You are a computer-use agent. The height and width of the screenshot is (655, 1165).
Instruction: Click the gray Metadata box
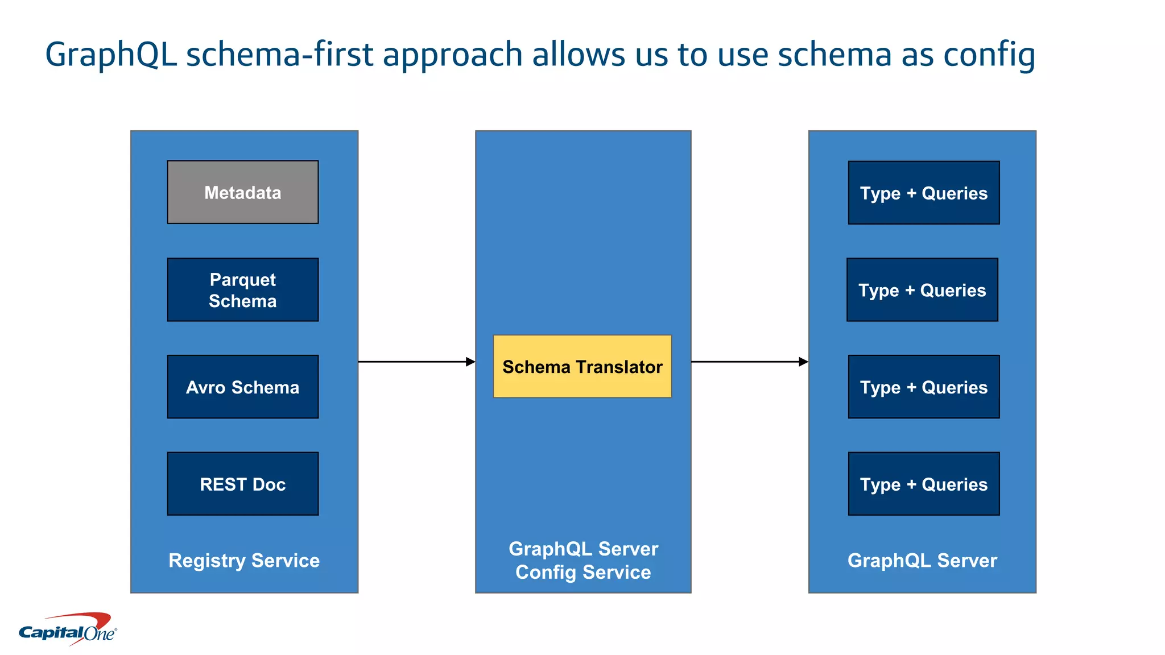(x=242, y=192)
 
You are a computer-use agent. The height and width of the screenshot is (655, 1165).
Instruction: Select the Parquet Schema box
(x=242, y=290)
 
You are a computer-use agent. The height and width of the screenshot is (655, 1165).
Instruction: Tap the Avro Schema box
(x=242, y=387)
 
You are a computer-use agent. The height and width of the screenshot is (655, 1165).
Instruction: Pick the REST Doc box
(x=242, y=484)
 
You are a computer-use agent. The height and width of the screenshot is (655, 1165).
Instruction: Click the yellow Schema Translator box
(x=582, y=367)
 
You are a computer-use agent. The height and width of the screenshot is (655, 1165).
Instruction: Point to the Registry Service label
(x=244, y=561)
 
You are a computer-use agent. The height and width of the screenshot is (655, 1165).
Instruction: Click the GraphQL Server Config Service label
(x=583, y=561)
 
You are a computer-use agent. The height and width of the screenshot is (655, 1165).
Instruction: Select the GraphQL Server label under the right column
(x=922, y=561)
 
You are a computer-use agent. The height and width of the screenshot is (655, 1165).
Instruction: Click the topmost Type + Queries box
(x=923, y=193)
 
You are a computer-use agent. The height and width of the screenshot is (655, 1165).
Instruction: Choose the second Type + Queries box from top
(x=922, y=290)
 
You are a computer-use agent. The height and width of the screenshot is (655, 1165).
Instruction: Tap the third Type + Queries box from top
(x=923, y=387)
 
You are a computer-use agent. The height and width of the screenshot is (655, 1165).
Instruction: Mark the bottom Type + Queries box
(x=923, y=484)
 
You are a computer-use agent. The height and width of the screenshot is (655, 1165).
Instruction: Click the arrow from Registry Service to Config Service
(x=416, y=362)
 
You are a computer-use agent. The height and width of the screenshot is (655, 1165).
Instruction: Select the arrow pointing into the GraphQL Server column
(x=749, y=362)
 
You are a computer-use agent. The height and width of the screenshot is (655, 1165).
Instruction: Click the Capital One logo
(x=68, y=630)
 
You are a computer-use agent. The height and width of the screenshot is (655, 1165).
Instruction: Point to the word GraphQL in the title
(x=110, y=55)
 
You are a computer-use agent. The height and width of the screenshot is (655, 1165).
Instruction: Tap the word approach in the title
(x=452, y=55)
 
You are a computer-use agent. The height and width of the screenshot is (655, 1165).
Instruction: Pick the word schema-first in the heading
(x=279, y=55)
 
